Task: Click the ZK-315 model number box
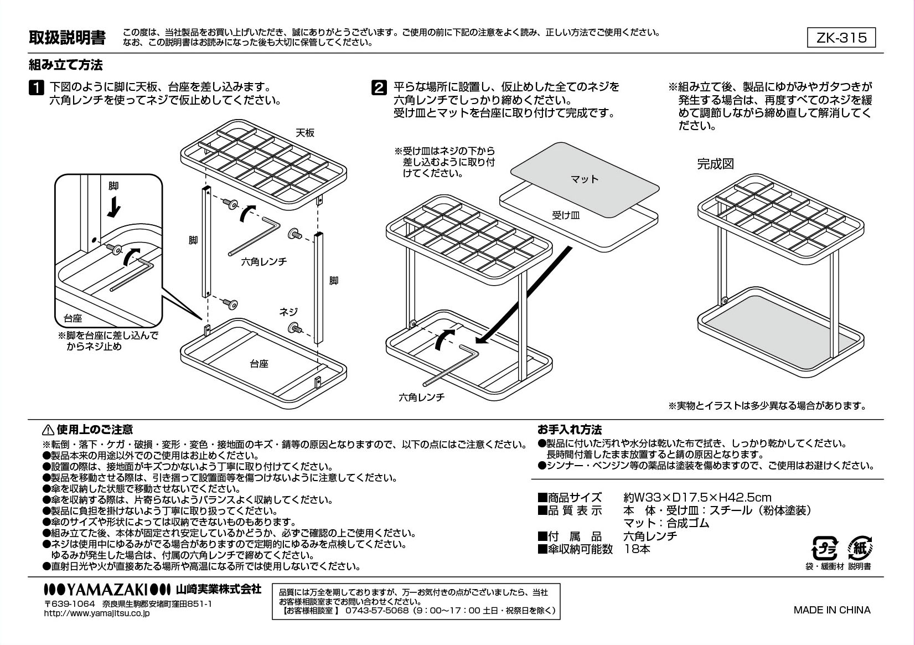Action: [842, 38]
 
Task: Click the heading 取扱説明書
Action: [67, 38]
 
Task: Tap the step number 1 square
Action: [35, 88]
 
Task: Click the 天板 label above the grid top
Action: [304, 133]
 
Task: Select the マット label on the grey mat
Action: [585, 179]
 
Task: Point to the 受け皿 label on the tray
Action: [566, 215]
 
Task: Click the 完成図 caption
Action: [715, 164]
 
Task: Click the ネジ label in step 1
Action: [288, 312]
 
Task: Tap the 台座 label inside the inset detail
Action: [73, 318]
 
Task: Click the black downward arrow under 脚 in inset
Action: [115, 207]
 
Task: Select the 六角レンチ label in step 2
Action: [422, 397]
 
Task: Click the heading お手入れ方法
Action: [570, 430]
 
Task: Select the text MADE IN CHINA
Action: [832, 610]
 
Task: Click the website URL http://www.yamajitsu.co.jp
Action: [96, 613]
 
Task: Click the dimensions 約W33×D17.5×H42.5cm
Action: [697, 498]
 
